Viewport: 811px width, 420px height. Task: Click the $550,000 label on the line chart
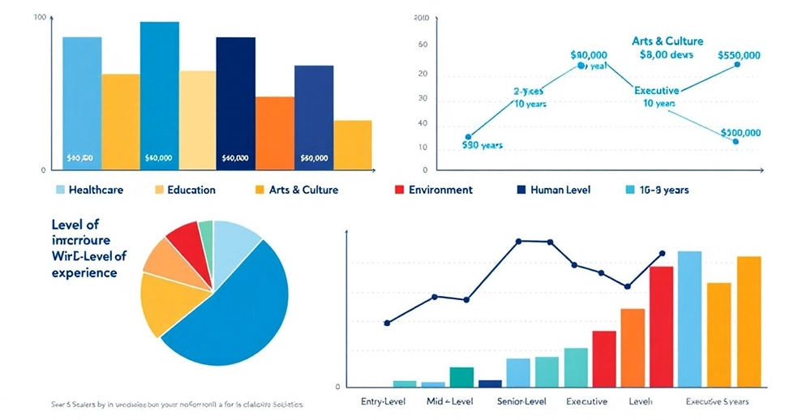(739, 55)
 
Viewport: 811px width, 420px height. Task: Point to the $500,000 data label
(739, 132)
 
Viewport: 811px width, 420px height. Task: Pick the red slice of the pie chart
(186, 238)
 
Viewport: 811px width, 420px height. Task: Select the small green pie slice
(206, 232)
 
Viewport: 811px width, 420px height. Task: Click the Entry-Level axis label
(385, 401)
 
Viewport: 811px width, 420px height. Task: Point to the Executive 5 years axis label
(717, 401)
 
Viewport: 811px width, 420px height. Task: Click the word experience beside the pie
(84, 272)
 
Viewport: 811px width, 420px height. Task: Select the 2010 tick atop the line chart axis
(420, 18)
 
